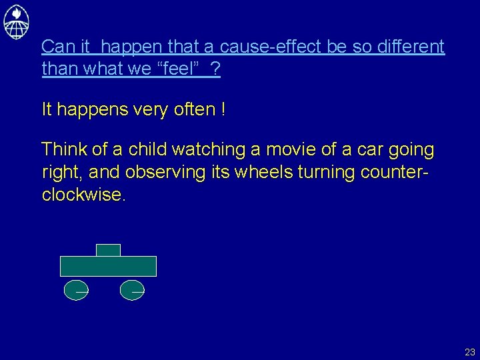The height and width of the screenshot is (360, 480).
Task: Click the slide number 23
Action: pos(470,352)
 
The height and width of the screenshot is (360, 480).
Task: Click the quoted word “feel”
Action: pos(178,69)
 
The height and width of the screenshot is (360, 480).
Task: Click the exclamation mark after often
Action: pos(221,110)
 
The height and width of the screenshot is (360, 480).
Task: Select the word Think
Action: pos(63,150)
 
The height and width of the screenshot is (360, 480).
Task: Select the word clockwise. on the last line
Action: pos(83,195)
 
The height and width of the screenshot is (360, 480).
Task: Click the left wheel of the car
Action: pos(75,289)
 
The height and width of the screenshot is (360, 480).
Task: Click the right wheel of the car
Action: pos(131,289)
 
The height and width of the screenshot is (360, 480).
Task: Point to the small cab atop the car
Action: pos(108,250)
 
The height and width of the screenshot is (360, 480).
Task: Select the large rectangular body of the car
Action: pos(108,266)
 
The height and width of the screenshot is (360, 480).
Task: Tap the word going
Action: pos(409,150)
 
